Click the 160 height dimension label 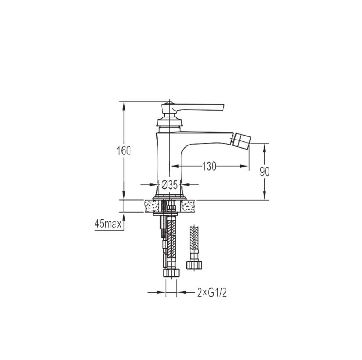click(124, 151)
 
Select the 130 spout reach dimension click(209, 166)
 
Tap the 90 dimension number click(265, 172)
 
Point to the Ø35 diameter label click(170, 185)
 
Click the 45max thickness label click(108, 224)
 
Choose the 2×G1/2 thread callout click(212, 293)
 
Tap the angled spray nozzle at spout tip click(241, 140)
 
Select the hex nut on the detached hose click(194, 265)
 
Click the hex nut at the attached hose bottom click(172, 273)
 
